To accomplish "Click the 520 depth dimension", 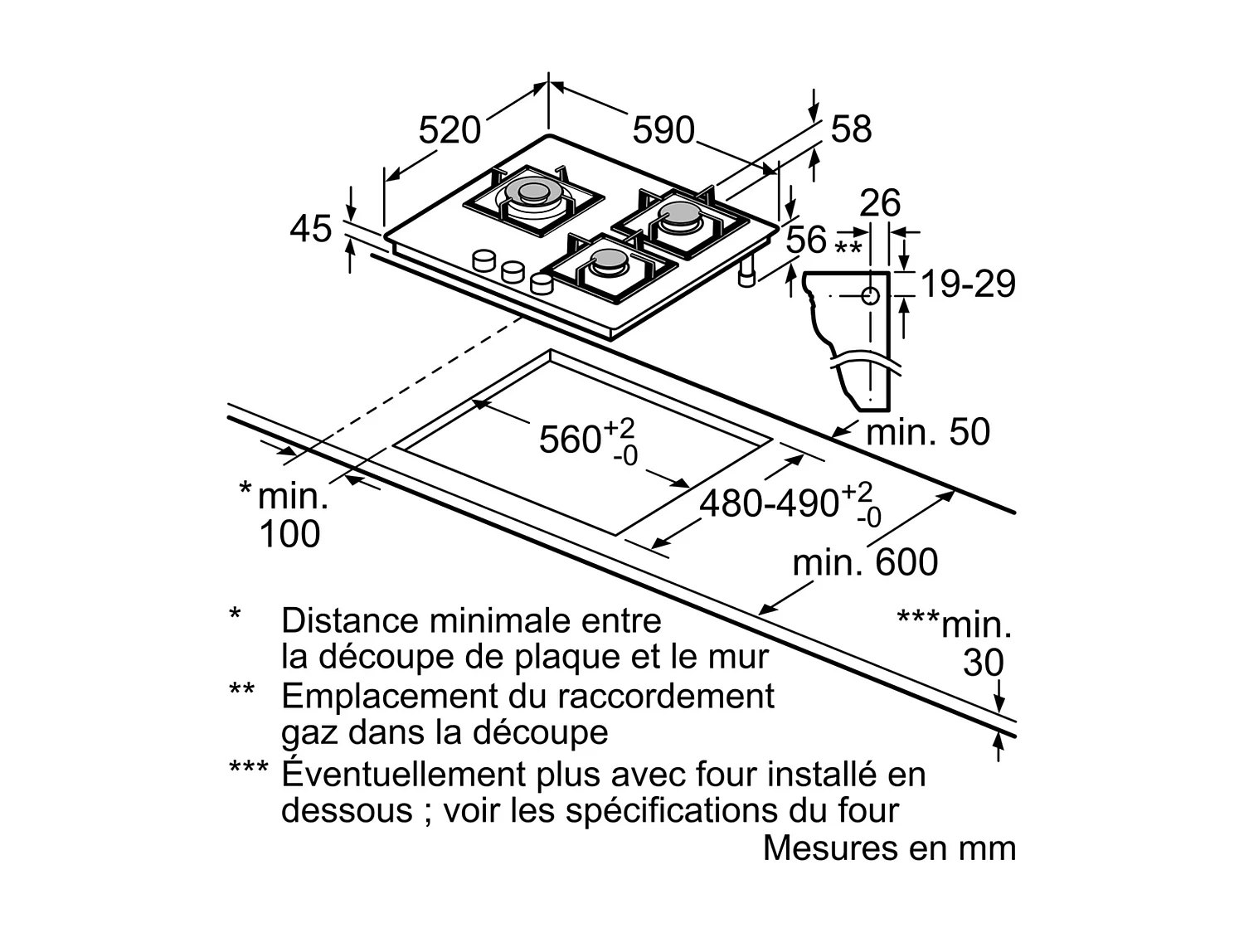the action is [449, 130].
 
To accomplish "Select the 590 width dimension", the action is [663, 130].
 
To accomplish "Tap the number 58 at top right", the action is [851, 129].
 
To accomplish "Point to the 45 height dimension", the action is [310, 229].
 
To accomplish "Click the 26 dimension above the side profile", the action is [880, 203].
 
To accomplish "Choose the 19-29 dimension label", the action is [968, 284].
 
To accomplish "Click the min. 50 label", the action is [928, 431].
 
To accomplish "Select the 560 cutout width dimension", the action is [587, 442].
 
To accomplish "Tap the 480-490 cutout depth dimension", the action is [790, 504].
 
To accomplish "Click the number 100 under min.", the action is [289, 533].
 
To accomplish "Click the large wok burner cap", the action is [532, 192].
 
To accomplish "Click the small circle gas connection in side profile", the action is [871, 296].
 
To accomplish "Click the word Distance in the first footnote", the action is [349, 620].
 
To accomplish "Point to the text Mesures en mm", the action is [889, 848].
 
